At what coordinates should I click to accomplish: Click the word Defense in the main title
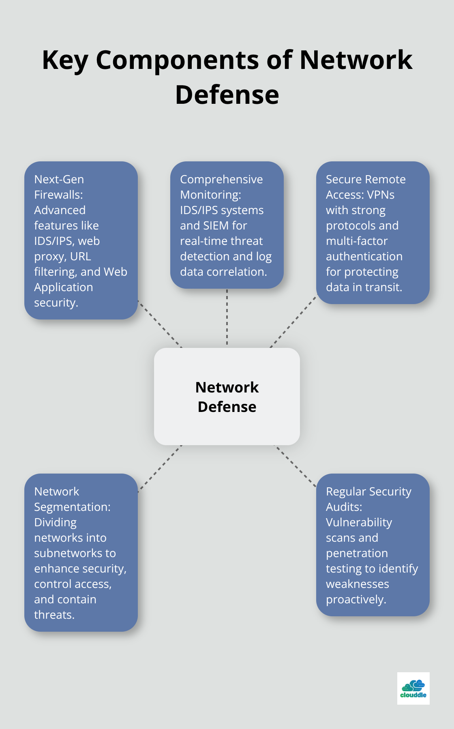click(x=227, y=95)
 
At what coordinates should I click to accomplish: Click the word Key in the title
click(x=65, y=60)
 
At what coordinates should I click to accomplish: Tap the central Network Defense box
click(x=227, y=397)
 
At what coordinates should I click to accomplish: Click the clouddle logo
click(x=413, y=688)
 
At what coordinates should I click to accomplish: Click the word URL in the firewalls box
click(x=80, y=256)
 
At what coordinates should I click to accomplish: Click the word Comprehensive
click(x=221, y=179)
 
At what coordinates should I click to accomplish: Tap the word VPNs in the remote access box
click(x=381, y=195)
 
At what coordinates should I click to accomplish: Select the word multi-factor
click(x=357, y=241)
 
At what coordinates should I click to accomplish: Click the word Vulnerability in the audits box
click(x=359, y=522)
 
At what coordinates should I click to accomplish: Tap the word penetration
click(x=357, y=553)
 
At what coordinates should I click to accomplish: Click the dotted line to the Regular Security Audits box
click(x=295, y=465)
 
